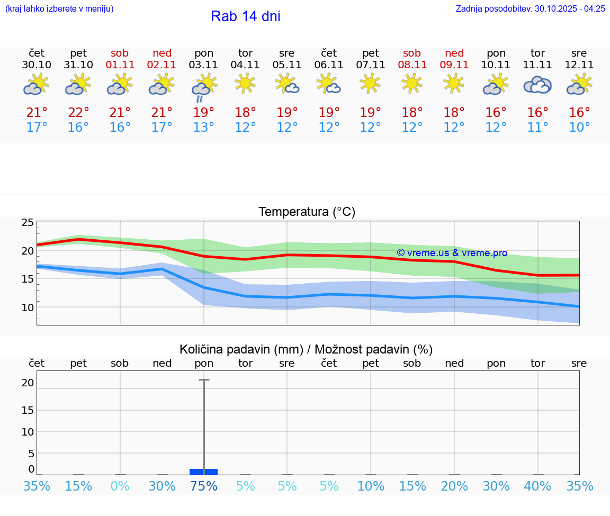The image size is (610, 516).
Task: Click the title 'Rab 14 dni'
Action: click(x=245, y=16)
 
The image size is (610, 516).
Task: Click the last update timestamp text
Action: click(x=530, y=8)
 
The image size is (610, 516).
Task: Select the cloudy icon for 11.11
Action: click(x=537, y=85)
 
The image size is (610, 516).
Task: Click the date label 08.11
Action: click(x=412, y=65)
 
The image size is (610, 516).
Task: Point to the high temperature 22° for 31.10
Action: click(x=78, y=113)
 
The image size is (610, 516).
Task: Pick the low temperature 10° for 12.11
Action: click(x=579, y=128)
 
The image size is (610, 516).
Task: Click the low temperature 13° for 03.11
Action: click(x=204, y=128)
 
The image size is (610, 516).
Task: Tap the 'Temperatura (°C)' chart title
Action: click(x=307, y=212)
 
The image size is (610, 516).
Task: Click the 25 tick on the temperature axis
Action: click(x=28, y=223)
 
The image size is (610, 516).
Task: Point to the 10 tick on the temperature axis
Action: click(x=28, y=307)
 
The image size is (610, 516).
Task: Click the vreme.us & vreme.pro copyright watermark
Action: click(x=452, y=253)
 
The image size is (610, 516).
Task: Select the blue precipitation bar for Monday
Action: click(x=204, y=472)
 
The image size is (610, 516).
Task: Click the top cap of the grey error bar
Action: click(x=204, y=380)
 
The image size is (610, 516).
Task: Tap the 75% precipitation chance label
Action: click(x=204, y=486)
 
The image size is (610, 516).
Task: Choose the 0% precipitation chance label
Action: click(x=120, y=486)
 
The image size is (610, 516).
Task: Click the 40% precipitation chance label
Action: click(x=537, y=486)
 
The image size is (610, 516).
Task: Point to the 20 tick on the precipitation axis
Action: click(x=28, y=383)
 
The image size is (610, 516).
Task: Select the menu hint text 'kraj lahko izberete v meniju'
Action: click(x=59, y=8)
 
